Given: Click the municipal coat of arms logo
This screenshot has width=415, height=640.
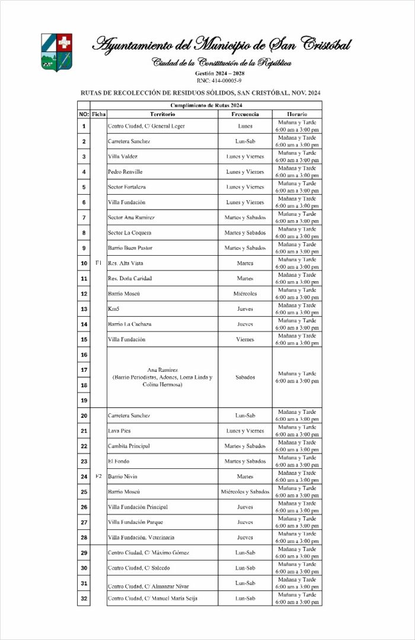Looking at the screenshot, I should pos(56,52).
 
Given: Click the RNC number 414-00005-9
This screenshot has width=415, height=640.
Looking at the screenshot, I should pos(219,81).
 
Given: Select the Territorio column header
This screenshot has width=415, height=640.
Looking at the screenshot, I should pos(162,114).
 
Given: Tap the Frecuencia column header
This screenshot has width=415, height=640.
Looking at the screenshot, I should pos(245,114).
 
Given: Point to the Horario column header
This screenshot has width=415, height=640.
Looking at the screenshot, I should pos(297,114).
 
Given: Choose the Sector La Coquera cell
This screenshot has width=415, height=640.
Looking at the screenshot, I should pos(129,233).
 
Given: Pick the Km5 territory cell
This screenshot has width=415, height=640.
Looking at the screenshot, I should pos(113,309).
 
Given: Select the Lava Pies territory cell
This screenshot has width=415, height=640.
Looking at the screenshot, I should pos(119,431).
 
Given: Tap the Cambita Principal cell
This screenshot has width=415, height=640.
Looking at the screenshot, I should pos(128,446).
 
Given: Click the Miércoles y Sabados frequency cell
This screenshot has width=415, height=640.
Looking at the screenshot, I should pos(245,492).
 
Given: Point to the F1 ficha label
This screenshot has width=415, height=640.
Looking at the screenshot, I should pos(98,263).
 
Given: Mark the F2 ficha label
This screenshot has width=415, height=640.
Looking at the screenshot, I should pos(98,476).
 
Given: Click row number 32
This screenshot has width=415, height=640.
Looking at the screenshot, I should pos(84,599).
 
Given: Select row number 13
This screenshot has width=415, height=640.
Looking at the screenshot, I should pos(84,309).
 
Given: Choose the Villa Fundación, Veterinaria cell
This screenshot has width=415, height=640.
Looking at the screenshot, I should pos(141,538).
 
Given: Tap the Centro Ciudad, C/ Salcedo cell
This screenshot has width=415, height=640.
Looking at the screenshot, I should pos(138,568).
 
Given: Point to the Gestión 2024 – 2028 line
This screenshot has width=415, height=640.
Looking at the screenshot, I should pos(219,73).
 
